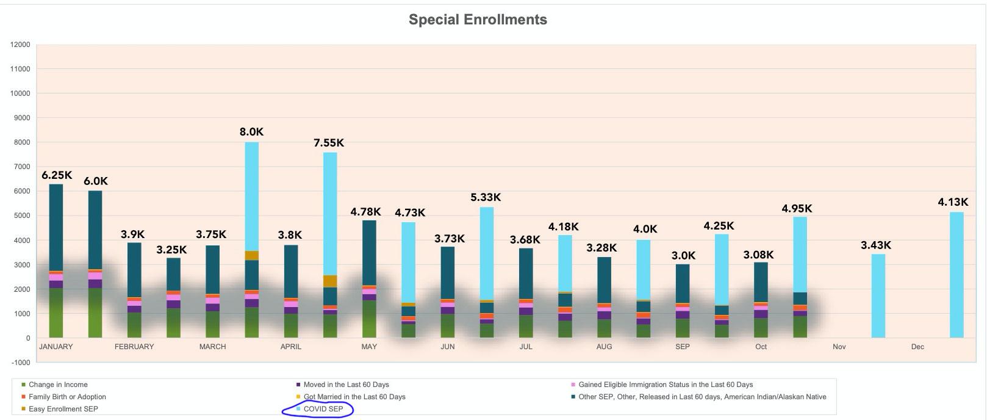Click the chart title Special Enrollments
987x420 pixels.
point(478,20)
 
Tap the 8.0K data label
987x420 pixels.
point(251,132)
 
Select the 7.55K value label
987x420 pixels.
point(329,143)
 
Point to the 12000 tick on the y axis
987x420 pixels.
point(20,45)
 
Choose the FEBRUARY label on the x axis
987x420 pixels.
point(134,347)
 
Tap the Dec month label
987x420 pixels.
point(917,347)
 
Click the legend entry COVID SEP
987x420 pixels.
point(323,409)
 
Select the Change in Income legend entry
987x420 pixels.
point(58,385)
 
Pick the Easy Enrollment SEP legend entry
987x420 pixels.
point(63,409)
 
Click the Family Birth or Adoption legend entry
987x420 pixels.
point(67,397)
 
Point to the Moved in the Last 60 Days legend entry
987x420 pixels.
point(346,385)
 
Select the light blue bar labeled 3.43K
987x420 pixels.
point(878,296)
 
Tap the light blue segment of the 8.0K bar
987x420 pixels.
point(251,195)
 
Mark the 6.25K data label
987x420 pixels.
point(57,176)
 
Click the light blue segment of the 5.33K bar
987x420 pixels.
point(487,253)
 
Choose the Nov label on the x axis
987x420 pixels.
point(839,347)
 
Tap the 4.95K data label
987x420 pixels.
point(797,209)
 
